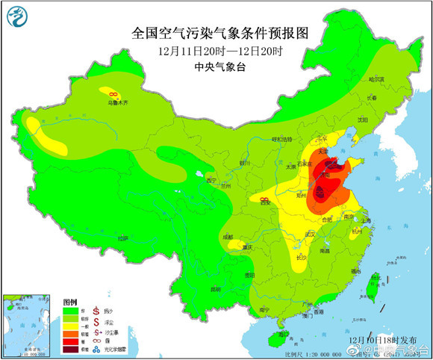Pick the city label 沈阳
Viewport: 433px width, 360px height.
364,119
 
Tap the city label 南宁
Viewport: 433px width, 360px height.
263,309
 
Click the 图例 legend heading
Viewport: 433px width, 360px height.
70,299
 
